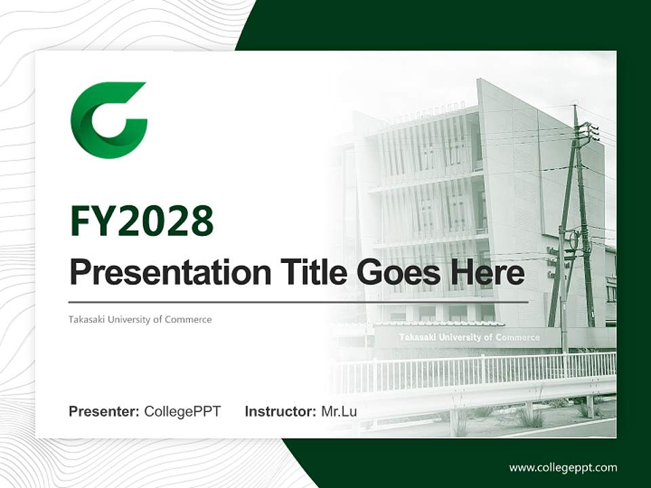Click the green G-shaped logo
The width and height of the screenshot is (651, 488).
click(108, 120)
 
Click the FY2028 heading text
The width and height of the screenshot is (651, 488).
click(142, 221)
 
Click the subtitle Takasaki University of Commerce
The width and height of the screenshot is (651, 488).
click(140, 319)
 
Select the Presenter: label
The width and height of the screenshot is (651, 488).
click(104, 411)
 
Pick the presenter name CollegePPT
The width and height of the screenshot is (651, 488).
click(182, 411)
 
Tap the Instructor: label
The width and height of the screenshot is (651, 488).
click(280, 411)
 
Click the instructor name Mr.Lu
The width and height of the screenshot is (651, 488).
click(338, 411)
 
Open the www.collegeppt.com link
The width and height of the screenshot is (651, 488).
click(563, 467)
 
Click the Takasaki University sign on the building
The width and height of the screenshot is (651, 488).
click(469, 337)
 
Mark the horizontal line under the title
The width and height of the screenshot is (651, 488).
click(298, 302)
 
